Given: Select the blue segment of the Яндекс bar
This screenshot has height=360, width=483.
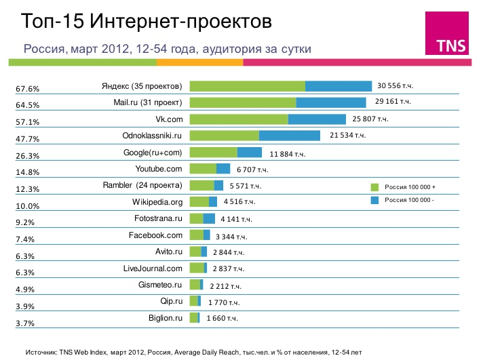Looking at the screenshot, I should (x=339, y=86).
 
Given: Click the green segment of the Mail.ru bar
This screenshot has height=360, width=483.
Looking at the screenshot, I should (x=243, y=102).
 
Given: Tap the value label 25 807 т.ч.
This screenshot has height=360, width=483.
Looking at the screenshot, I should (x=370, y=119).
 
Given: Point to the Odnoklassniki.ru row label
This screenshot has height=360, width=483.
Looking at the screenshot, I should (x=152, y=136).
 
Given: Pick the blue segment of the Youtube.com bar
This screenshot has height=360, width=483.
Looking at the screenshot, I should (x=223, y=169).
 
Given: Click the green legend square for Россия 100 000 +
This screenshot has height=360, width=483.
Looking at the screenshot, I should (x=374, y=186).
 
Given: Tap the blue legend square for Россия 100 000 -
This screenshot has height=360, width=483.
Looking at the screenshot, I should (x=374, y=200).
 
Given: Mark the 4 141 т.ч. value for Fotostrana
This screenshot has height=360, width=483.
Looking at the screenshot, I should (x=237, y=219).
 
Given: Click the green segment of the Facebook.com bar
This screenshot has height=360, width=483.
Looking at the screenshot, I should (x=196, y=235).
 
